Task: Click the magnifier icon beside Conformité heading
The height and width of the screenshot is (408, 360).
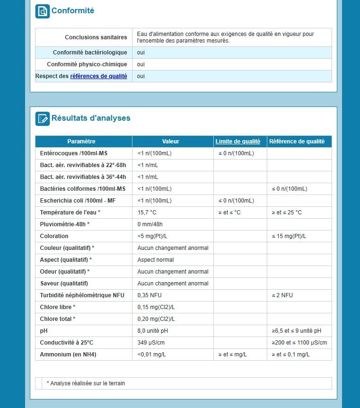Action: pyautogui.click(x=43, y=11)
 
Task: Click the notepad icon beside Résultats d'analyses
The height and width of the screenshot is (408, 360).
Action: pyautogui.click(x=43, y=118)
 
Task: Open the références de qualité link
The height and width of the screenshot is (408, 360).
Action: pyautogui.click(x=98, y=76)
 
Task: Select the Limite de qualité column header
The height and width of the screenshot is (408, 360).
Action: pyautogui.click(x=238, y=142)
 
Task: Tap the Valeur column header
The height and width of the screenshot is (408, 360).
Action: pyautogui.click(x=170, y=142)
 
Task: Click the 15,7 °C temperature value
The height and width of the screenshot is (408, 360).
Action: pyautogui.click(x=147, y=213)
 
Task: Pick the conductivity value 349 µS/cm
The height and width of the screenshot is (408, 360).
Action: pyautogui.click(x=151, y=343)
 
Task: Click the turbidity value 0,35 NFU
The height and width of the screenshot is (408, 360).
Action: pyautogui.click(x=149, y=295)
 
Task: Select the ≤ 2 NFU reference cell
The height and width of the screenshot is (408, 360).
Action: pyautogui.click(x=282, y=295)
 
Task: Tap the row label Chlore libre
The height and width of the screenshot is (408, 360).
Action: pyautogui.click(x=58, y=307)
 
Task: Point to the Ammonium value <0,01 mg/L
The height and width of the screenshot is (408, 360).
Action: pyautogui.click(x=151, y=355)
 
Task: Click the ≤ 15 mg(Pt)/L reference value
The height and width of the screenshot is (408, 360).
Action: pyautogui.click(x=289, y=236)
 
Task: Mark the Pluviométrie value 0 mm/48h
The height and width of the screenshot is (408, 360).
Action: pyautogui.click(x=150, y=224)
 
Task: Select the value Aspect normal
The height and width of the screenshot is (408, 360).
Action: pyautogui.click(x=156, y=260)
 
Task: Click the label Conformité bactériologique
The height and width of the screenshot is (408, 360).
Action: pyautogui.click(x=90, y=53)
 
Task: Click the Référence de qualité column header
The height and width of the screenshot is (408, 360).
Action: pyautogui.click(x=297, y=142)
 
